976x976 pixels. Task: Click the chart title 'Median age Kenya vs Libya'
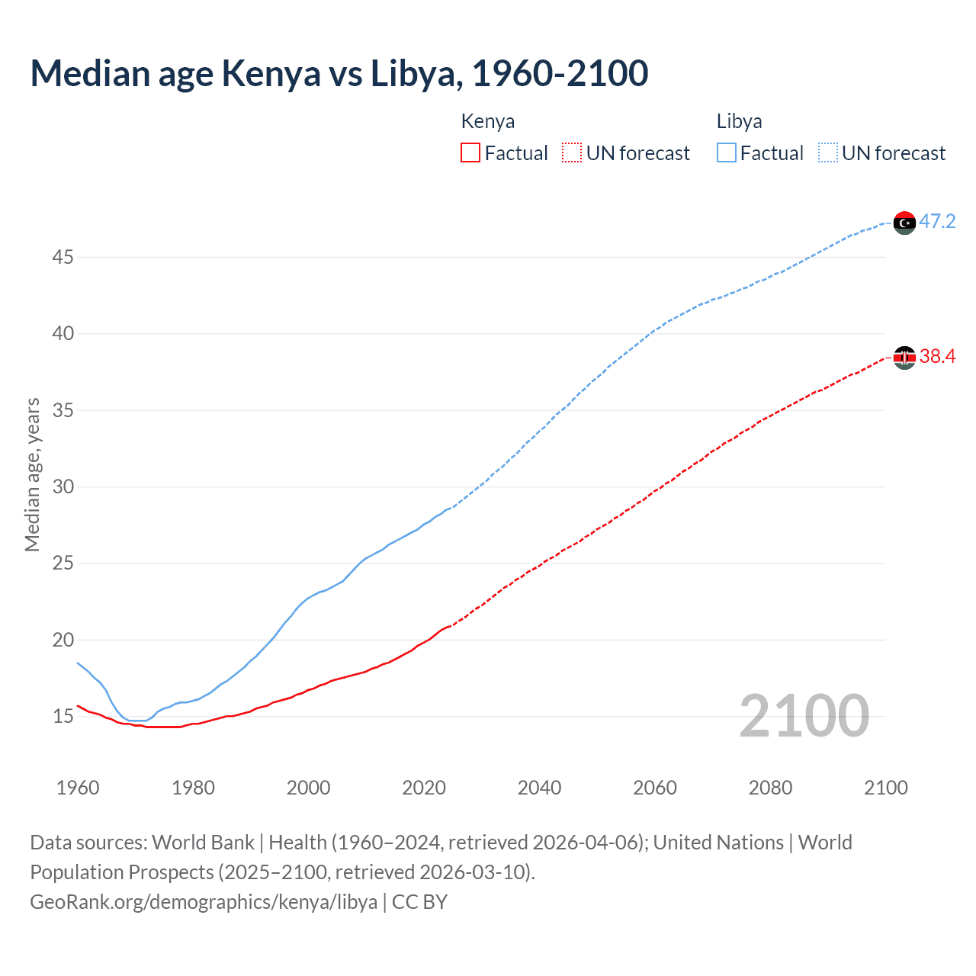(339, 73)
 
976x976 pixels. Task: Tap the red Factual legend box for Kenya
(470, 152)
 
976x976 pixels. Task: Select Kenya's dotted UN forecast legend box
(572, 152)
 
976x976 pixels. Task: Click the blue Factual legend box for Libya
(727, 152)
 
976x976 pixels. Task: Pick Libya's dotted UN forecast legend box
(828, 152)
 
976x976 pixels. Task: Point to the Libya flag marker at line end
(904, 223)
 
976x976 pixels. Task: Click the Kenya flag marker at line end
(904, 357)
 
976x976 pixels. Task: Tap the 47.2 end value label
(937, 222)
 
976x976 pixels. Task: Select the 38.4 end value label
(937, 356)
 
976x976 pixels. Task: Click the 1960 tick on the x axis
(78, 788)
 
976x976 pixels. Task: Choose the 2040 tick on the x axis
(539, 788)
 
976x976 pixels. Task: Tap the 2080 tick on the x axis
(770, 788)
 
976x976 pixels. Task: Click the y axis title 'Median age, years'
(32, 474)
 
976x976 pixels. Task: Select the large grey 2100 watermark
(804, 715)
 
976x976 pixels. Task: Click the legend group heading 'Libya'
(739, 121)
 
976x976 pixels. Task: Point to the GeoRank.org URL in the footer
(204, 902)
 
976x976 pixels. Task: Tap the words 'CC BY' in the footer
(419, 902)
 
